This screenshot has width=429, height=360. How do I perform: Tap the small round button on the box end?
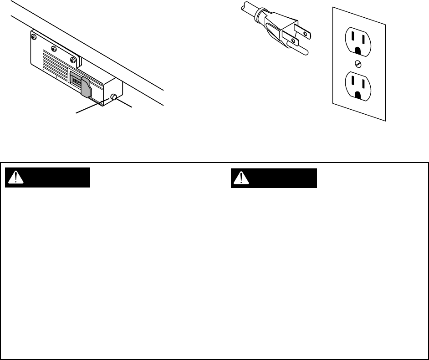point(113,97)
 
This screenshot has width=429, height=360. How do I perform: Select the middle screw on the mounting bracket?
point(53,49)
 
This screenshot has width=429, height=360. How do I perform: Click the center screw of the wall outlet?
point(357,63)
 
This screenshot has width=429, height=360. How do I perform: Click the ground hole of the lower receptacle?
point(357,95)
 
